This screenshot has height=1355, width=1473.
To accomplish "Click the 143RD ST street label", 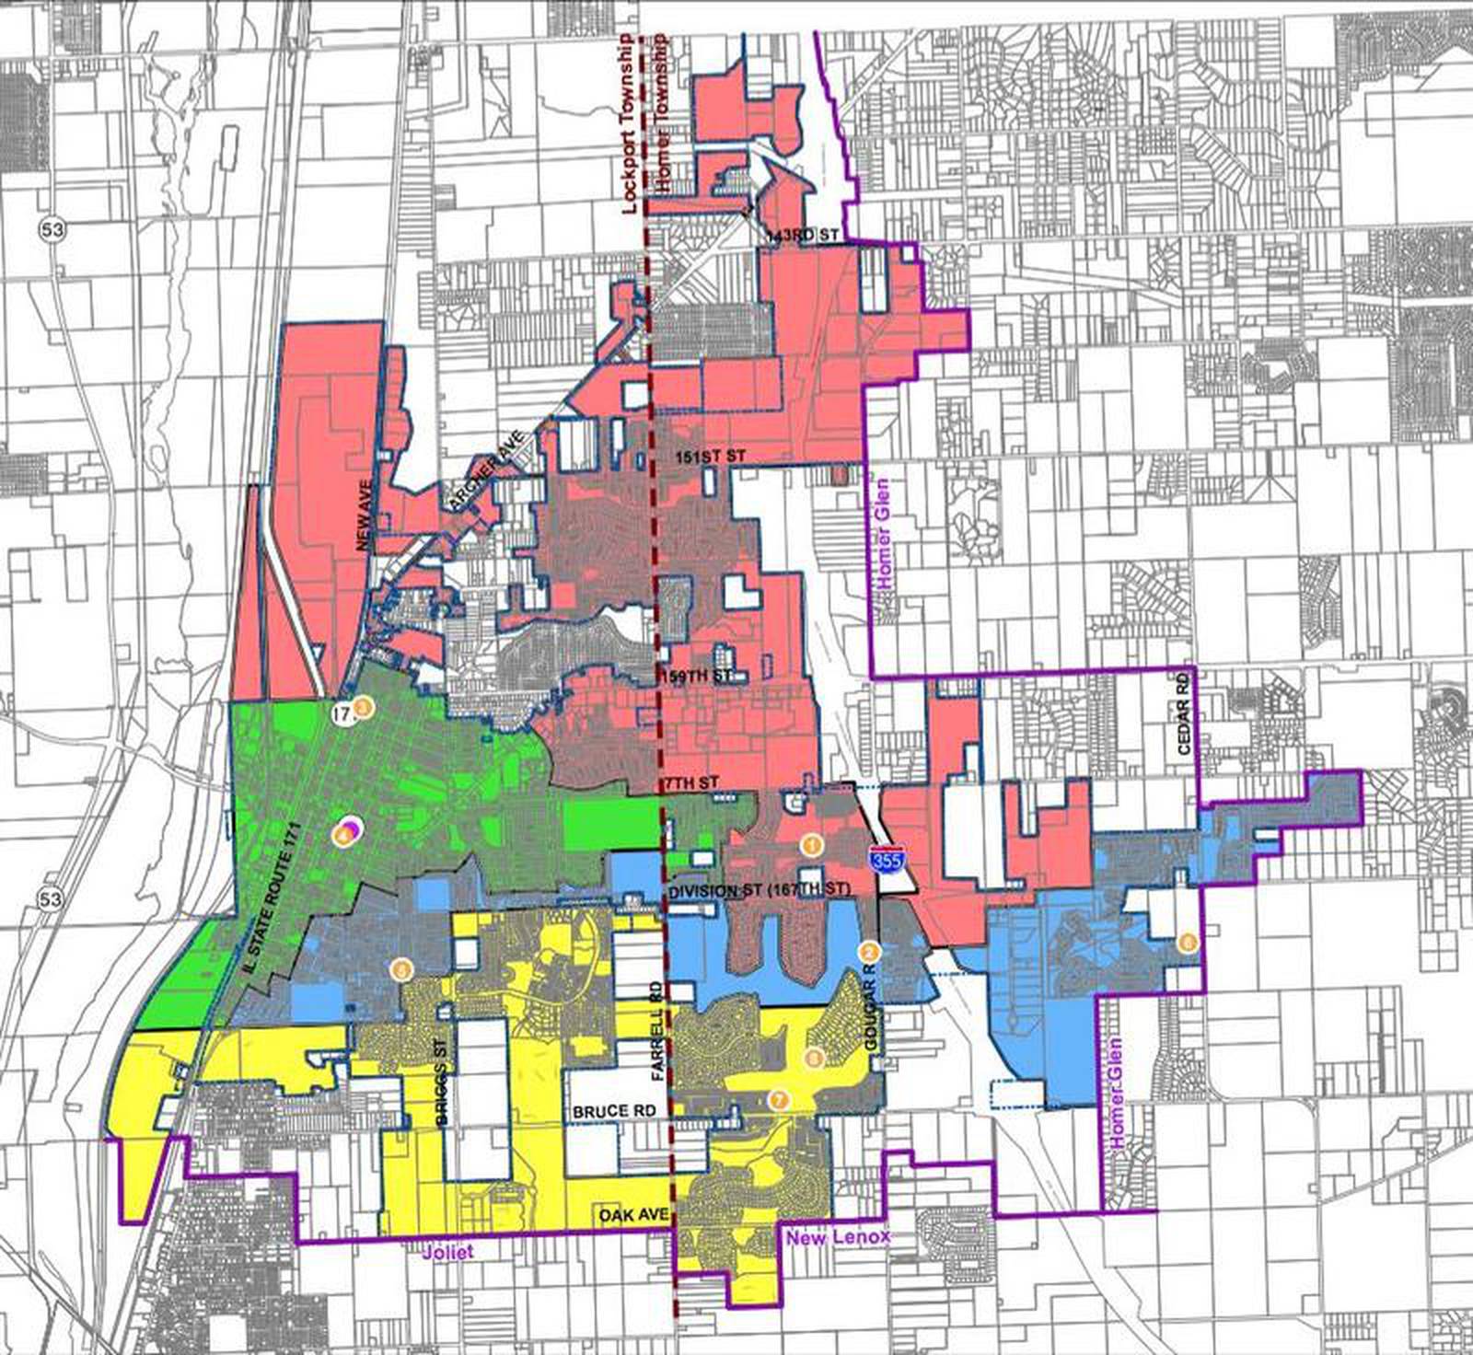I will point(802,237).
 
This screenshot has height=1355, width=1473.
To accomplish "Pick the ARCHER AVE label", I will point(486,470).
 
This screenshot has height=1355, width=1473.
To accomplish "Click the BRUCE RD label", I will point(614,1111).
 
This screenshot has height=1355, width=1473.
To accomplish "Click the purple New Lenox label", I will point(837,1236).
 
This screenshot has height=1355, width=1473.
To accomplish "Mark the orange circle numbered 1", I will point(810,843).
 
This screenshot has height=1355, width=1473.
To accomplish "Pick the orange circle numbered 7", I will point(779,1099).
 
